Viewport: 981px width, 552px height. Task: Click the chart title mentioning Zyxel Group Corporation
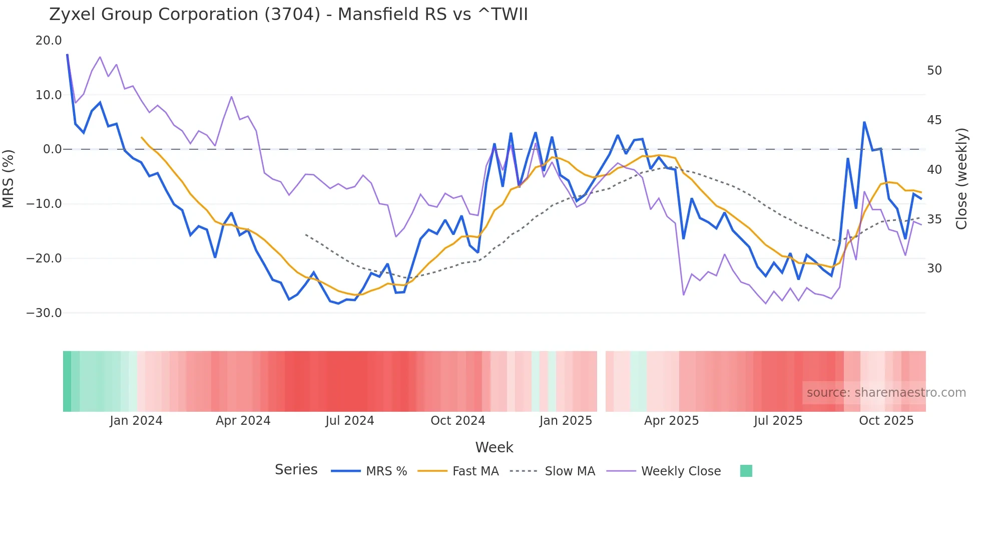click(288, 15)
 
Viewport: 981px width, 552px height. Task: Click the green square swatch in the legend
click(746, 471)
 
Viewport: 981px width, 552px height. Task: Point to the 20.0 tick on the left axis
click(49, 41)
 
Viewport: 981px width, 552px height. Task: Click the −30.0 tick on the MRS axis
click(44, 313)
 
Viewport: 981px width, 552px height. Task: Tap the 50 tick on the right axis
click(934, 71)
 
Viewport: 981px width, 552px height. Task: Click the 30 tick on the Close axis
click(934, 268)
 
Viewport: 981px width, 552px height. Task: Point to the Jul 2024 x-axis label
click(349, 421)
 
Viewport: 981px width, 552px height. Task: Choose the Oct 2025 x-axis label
click(886, 421)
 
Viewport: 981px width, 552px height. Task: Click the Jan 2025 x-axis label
click(566, 421)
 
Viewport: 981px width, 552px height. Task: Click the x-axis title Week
click(494, 447)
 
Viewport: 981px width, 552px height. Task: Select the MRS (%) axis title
click(9, 178)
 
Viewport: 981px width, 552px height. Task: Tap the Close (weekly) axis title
click(961, 178)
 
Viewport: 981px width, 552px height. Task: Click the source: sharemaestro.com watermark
click(886, 393)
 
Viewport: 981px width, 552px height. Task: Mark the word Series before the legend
click(296, 470)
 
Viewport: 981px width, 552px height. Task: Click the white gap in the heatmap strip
click(601, 381)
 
